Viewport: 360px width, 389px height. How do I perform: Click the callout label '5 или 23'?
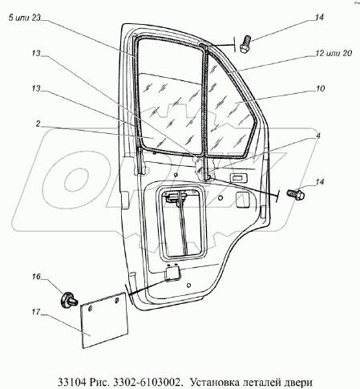click(x=24, y=18)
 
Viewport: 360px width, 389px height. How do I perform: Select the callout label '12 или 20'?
click(x=334, y=53)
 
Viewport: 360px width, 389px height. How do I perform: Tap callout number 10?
click(x=320, y=88)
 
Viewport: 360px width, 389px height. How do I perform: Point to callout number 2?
click(x=38, y=124)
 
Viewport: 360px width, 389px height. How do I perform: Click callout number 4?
click(x=318, y=136)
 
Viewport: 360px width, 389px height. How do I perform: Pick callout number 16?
click(x=36, y=276)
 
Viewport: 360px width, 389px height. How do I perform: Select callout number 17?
click(x=36, y=312)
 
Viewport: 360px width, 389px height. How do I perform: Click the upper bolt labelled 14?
click(x=245, y=45)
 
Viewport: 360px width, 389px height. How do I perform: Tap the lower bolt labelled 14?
click(x=296, y=194)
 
